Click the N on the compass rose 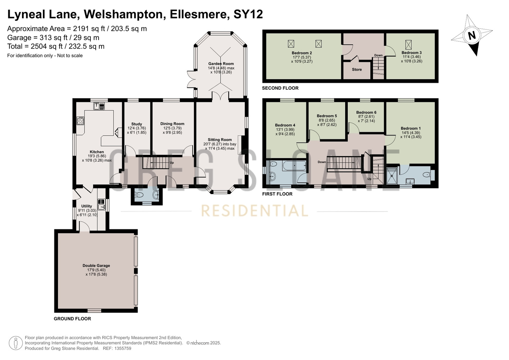tap(472, 36)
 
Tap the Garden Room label tap(221, 64)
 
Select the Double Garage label tap(96, 265)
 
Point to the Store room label tap(357, 69)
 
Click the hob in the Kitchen tap(80, 121)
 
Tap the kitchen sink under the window tap(99, 106)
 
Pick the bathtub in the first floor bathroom tap(294, 166)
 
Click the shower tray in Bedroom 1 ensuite tap(392, 175)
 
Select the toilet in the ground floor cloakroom tap(139, 194)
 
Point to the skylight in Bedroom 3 tap(408, 45)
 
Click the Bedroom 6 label tap(366, 112)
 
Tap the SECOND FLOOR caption tap(280, 88)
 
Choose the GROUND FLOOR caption tap(72, 319)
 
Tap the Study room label tap(136, 124)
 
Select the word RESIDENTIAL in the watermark tap(254, 211)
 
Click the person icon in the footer tap(16, 343)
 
